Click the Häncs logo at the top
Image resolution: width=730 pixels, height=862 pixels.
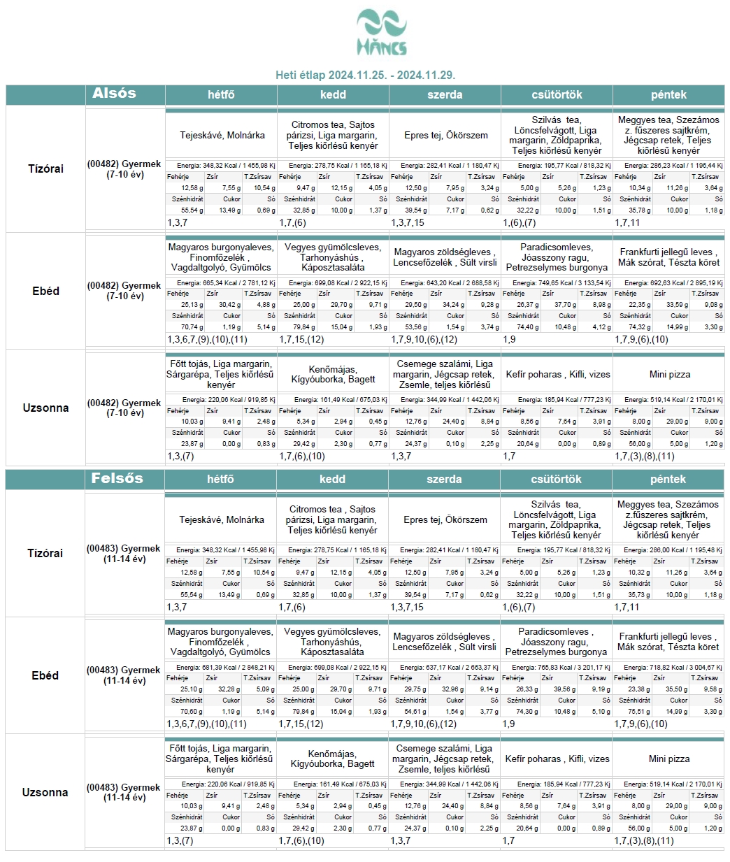[381, 32]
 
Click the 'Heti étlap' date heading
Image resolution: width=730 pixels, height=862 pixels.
[366, 75]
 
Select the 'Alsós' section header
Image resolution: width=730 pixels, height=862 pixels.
[114, 94]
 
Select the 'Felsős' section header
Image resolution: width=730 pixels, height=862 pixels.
[117, 479]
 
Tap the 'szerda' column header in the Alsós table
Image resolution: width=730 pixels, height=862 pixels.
[445, 94]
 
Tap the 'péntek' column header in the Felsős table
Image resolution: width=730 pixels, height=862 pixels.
[668, 480]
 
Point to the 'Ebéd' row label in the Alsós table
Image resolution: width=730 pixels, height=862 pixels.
[45, 291]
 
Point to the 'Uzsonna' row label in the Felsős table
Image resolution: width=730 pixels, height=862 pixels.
[45, 792]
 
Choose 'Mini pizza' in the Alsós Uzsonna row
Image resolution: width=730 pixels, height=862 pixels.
[669, 375]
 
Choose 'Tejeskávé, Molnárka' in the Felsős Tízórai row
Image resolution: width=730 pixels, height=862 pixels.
[222, 520]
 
